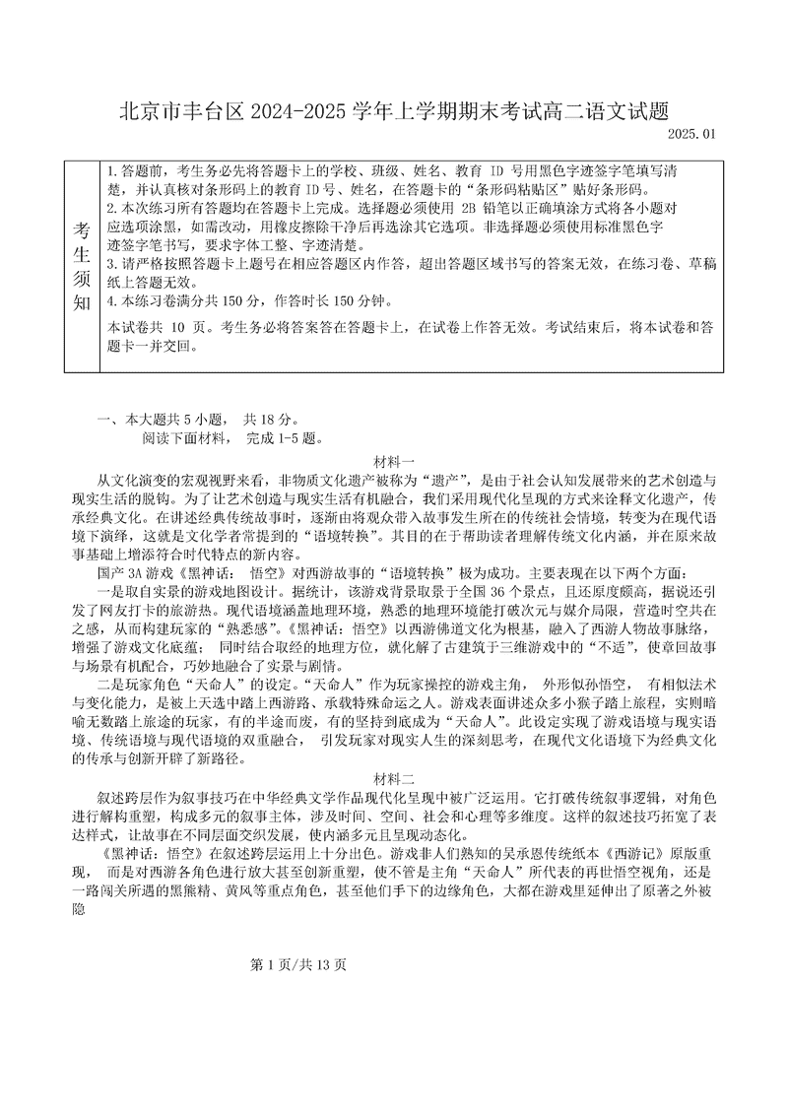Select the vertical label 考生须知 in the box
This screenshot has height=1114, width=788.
[82, 266]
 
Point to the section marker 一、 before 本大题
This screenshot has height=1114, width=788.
[107, 419]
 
